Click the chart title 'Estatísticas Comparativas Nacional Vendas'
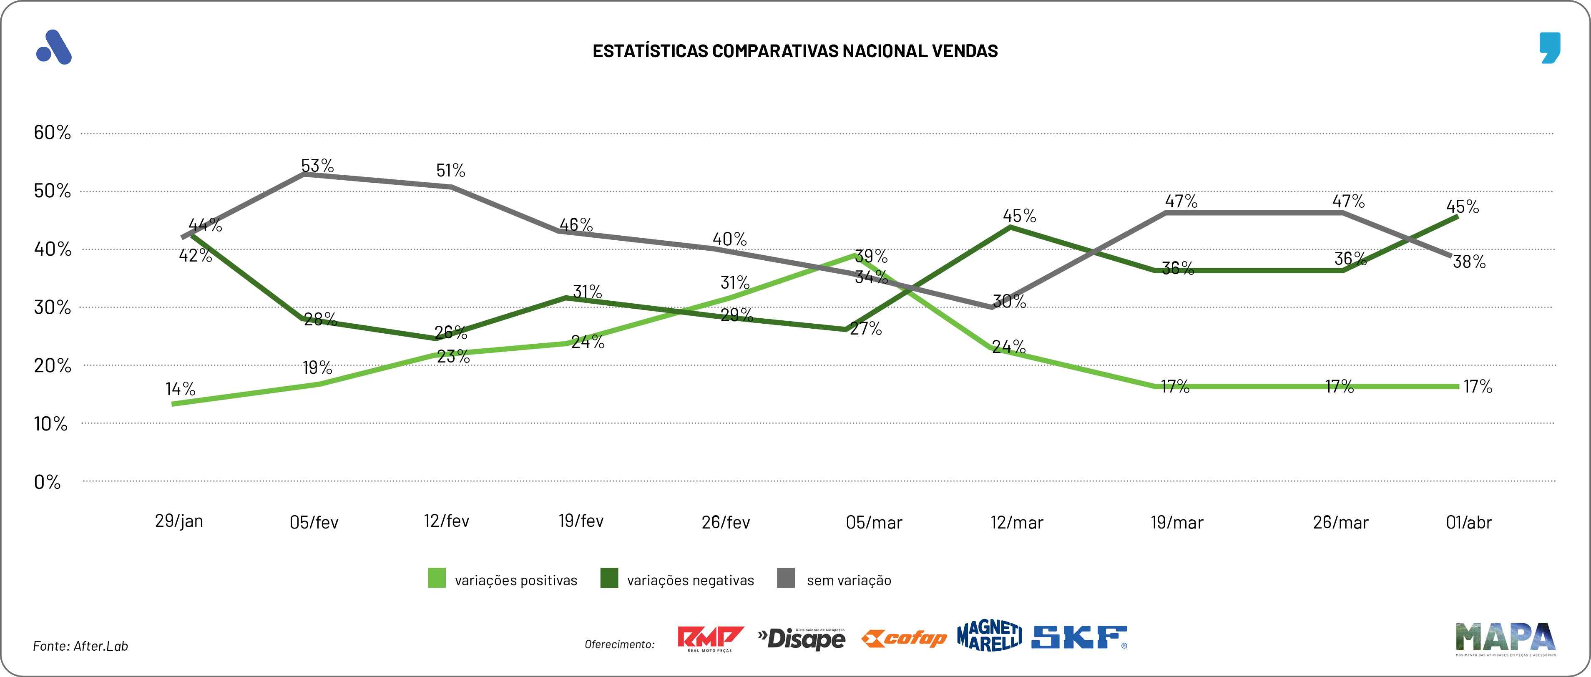(795, 50)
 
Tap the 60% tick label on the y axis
(53, 132)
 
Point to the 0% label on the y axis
(48, 482)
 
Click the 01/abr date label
(1469, 523)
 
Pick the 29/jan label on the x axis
(179, 521)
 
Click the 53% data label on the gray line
(317, 166)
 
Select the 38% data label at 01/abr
(1469, 261)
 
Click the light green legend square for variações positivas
(437, 578)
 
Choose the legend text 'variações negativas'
(691, 580)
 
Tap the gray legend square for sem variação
(786, 578)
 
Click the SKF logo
(1079, 637)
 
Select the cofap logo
(904, 638)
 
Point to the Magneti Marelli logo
(989, 636)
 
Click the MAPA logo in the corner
(1505, 639)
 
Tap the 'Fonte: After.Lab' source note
(80, 646)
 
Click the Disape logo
(802, 639)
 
